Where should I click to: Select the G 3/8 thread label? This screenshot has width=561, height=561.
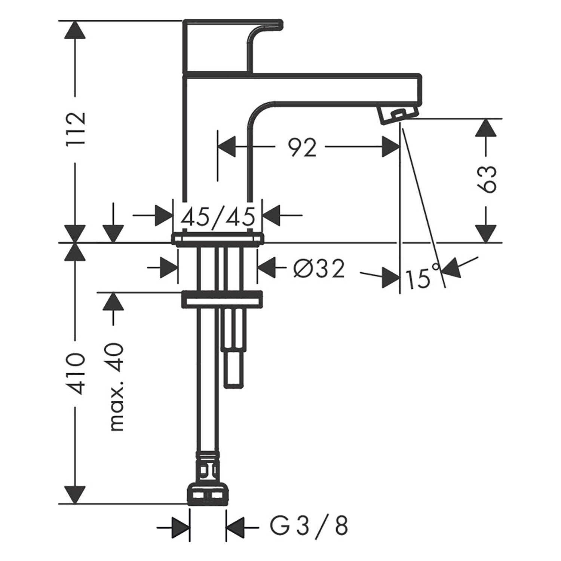tap(309, 526)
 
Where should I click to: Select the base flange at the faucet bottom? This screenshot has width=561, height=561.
tap(218, 239)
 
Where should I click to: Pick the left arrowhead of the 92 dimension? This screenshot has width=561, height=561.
tap(227, 147)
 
